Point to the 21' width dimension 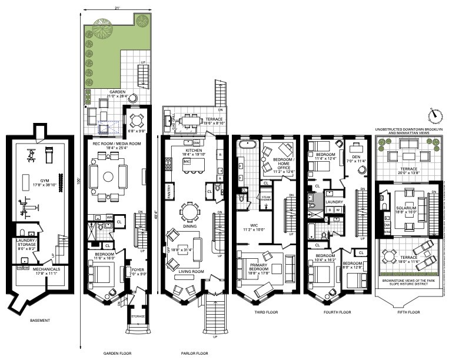(x=117, y=7)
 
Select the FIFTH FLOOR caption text (x=407, y=312)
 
